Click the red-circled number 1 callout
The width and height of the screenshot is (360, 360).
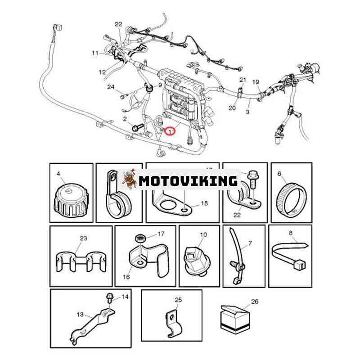click(170, 131)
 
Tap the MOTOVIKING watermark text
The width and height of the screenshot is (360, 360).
click(188, 181)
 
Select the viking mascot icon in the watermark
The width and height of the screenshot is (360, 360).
click(130, 180)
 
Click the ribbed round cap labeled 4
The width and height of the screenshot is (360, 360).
click(71, 199)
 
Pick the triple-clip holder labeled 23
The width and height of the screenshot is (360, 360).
click(81, 262)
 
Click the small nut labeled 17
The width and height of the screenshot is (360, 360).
click(139, 238)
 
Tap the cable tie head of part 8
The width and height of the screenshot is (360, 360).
click(300, 265)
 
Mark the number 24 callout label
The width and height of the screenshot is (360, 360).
click(111, 87)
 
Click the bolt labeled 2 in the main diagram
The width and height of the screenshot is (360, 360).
click(138, 126)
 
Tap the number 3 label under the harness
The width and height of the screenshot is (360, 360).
click(247, 112)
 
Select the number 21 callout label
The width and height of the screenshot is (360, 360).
click(243, 80)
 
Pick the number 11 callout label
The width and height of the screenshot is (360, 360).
click(95, 53)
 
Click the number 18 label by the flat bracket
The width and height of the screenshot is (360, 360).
click(204, 203)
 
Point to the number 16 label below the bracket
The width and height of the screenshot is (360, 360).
click(126, 277)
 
